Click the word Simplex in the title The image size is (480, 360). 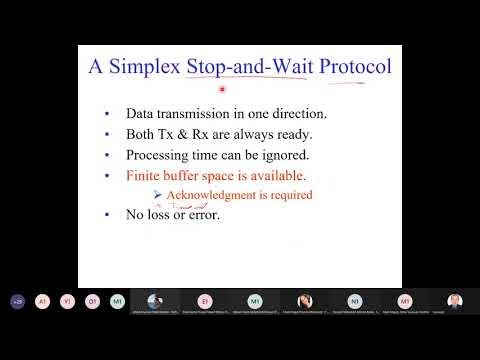tap(149, 69)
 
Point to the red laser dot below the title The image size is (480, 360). tap(223, 89)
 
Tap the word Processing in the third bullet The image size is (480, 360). tap(159, 155)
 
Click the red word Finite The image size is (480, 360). tap(145, 175)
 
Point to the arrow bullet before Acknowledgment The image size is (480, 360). tap(158, 194)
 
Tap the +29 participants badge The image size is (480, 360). tap(17, 301)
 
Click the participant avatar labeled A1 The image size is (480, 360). tap(42, 301)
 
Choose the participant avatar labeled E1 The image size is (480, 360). tap(205, 301)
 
